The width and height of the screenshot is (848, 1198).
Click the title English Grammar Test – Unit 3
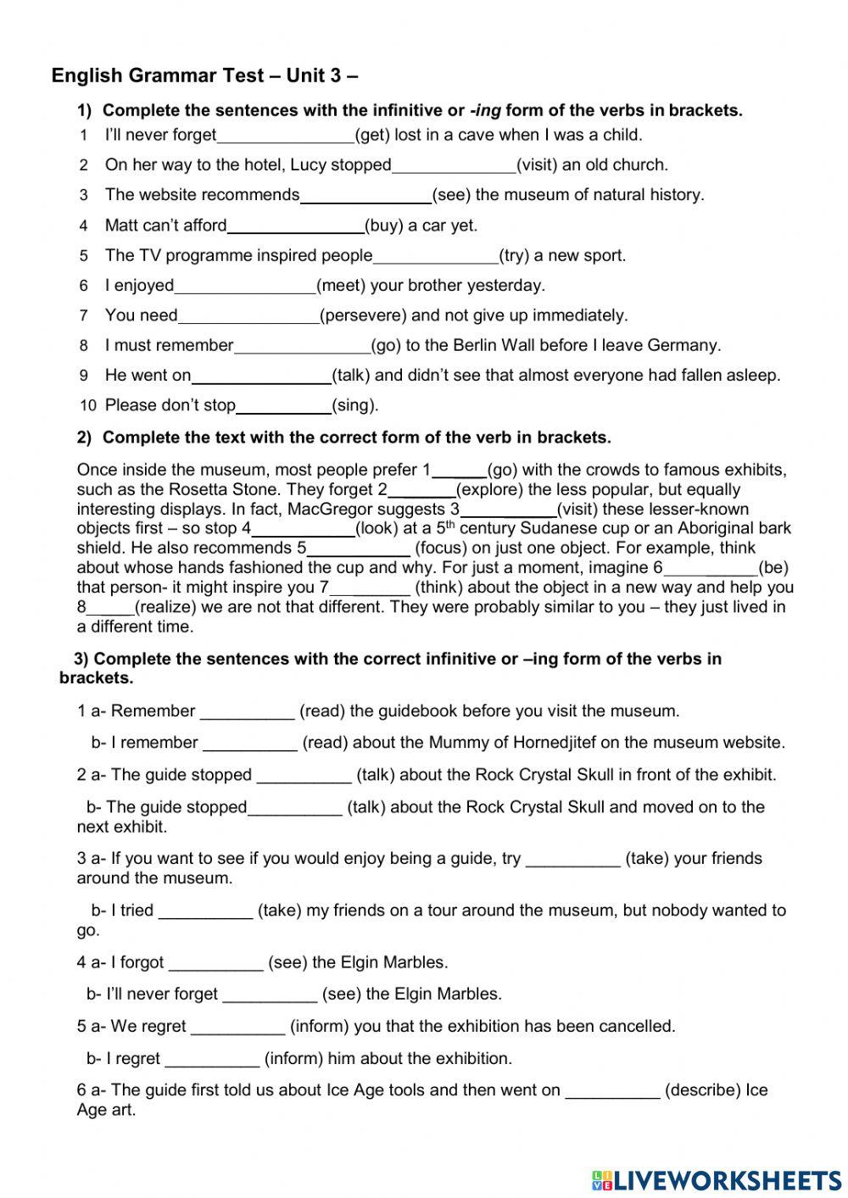(x=204, y=75)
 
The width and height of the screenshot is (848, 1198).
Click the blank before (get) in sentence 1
(x=285, y=136)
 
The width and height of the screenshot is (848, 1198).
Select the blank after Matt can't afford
(x=295, y=226)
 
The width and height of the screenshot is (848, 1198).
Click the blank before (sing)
(x=283, y=406)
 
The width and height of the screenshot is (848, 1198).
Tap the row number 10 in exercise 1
(x=88, y=406)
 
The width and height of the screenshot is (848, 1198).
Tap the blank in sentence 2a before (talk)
(x=304, y=776)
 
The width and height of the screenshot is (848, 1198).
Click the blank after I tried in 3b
(x=205, y=911)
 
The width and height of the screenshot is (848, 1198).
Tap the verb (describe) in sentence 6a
(x=703, y=1090)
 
